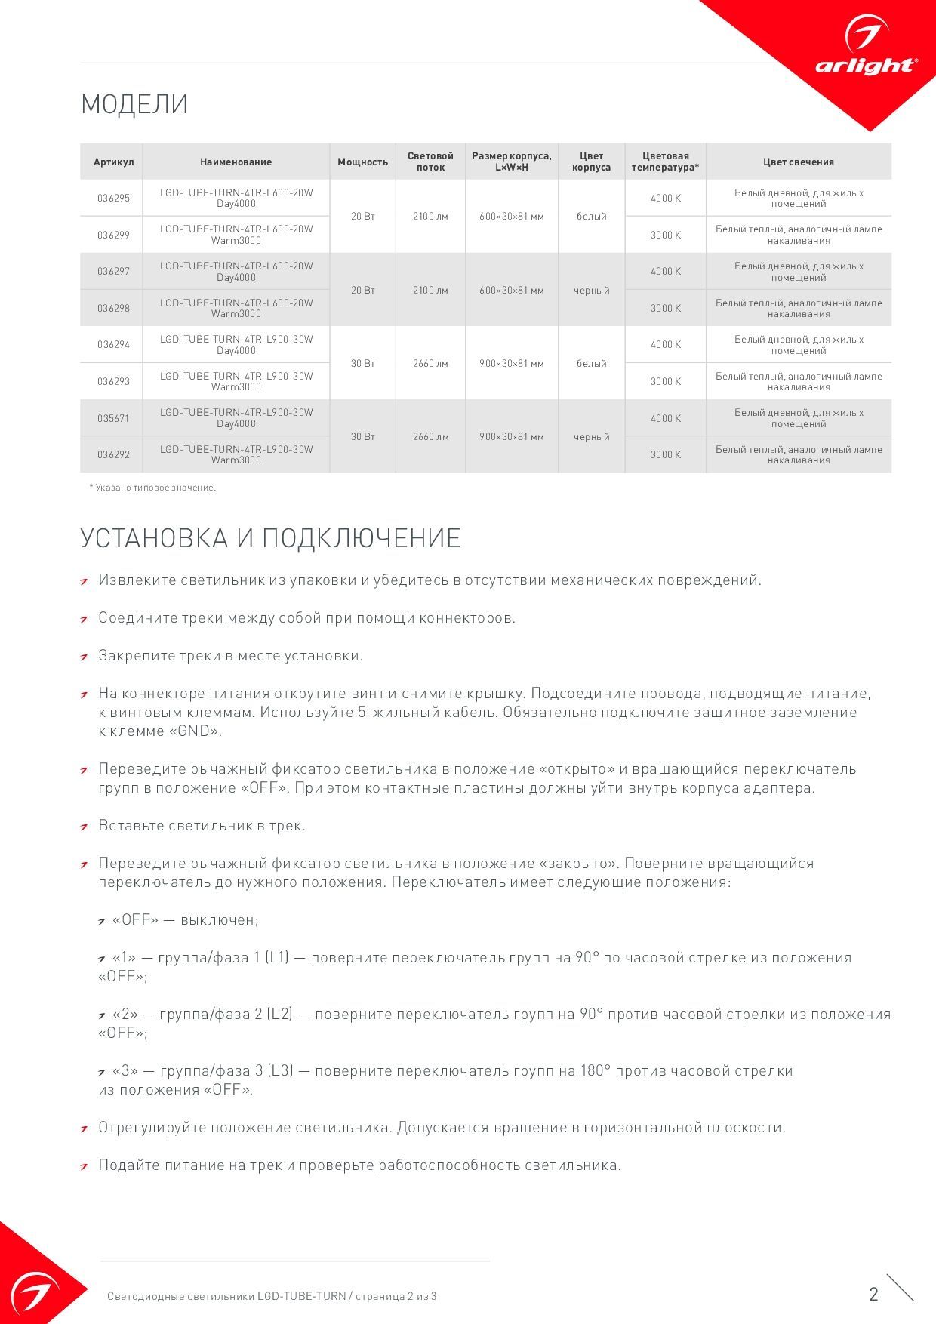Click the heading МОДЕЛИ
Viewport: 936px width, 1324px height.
pos(134,104)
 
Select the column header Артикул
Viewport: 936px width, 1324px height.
pos(113,162)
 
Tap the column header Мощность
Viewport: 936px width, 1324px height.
pos(362,162)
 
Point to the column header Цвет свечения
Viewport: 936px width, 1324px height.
pos(798,162)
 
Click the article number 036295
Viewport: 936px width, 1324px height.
pos(113,199)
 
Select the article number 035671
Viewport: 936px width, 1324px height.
pos(113,418)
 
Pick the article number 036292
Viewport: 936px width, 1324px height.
pos(113,455)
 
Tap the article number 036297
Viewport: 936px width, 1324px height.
pos(113,272)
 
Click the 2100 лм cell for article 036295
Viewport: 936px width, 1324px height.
pos(430,217)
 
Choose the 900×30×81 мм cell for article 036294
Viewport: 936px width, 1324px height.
pos(512,364)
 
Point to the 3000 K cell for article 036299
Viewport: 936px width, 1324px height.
pos(666,236)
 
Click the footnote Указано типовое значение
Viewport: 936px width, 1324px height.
pos(155,488)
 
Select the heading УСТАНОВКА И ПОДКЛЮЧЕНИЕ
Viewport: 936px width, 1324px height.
pos(270,538)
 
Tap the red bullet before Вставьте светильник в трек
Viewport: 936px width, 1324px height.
pos(85,827)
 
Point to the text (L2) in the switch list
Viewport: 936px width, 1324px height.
pos(279,1015)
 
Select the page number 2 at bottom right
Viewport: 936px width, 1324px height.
pos(874,1295)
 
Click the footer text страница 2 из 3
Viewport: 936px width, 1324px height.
pos(393,1297)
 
